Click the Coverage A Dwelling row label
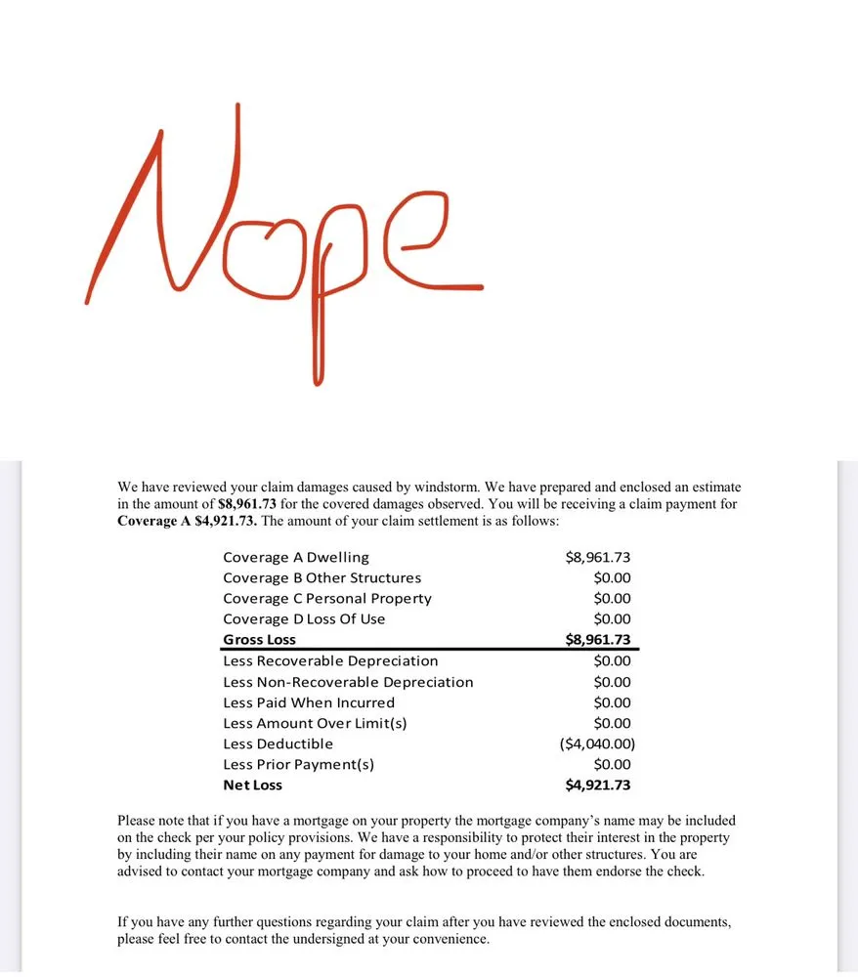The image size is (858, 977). coord(296,558)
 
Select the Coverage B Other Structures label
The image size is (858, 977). coord(322,578)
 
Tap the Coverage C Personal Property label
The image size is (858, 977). coord(327,599)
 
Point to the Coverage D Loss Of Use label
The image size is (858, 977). coord(304,619)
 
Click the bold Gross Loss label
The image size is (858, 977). coord(259,640)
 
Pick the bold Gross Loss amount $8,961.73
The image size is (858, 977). coord(598,640)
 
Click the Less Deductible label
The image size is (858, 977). coord(278,744)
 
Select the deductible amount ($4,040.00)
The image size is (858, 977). coord(597,744)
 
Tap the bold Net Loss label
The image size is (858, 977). coord(252,786)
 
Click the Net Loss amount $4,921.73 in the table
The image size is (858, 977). coord(598,786)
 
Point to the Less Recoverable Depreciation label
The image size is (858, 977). coord(330,661)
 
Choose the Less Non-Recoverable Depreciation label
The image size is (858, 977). coord(348,682)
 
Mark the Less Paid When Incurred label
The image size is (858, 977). coord(309,702)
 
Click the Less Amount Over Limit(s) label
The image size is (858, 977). coord(315,724)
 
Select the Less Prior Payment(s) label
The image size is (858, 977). coord(298,765)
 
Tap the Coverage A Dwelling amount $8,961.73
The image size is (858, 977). coord(598,558)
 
